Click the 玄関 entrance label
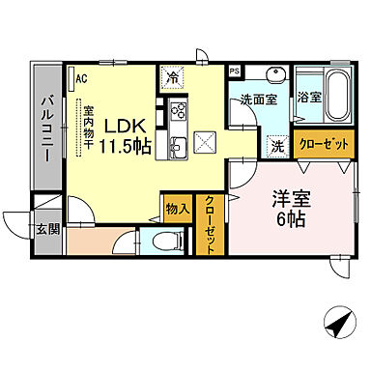click(x=47, y=229)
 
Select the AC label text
click(x=81, y=78)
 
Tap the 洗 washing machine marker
click(x=277, y=147)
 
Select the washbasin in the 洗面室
click(x=273, y=76)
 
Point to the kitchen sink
click(x=179, y=147)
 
